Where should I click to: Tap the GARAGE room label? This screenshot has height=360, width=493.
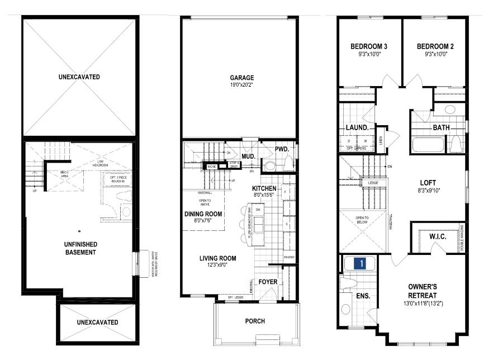(x=241, y=78)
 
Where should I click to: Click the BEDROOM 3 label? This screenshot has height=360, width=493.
(x=369, y=46)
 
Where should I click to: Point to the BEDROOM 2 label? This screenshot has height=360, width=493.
(x=435, y=46)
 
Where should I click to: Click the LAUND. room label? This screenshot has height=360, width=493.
(x=356, y=127)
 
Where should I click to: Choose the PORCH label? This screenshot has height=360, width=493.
(x=255, y=321)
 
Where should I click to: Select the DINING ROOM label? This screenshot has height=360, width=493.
(x=203, y=214)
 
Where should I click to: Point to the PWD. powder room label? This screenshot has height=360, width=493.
(x=281, y=149)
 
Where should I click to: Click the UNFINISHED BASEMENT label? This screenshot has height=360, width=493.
(x=79, y=248)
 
